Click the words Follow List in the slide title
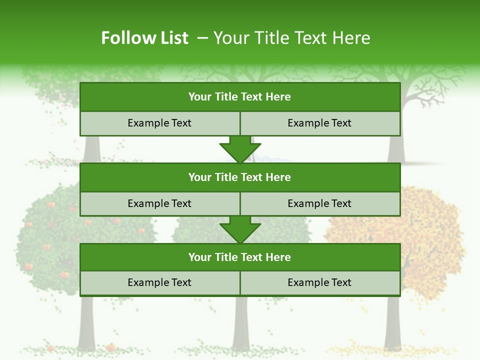pyautogui.click(x=144, y=38)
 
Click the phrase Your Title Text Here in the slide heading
pyautogui.click(x=291, y=38)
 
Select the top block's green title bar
pyautogui.click(x=240, y=97)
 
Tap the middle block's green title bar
pyautogui.click(x=240, y=177)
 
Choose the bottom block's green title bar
pyautogui.click(x=240, y=257)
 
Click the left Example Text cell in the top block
pyautogui.click(x=160, y=123)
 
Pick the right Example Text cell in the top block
pyautogui.click(x=320, y=123)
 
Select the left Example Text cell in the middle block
pyautogui.click(x=160, y=203)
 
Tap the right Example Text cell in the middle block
pyautogui.click(x=320, y=203)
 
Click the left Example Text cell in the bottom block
pyautogui.click(x=160, y=282)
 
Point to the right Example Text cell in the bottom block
pyautogui.click(x=320, y=282)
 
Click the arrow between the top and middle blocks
pyautogui.click(x=240, y=149)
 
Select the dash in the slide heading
pyautogui.click(x=202, y=38)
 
